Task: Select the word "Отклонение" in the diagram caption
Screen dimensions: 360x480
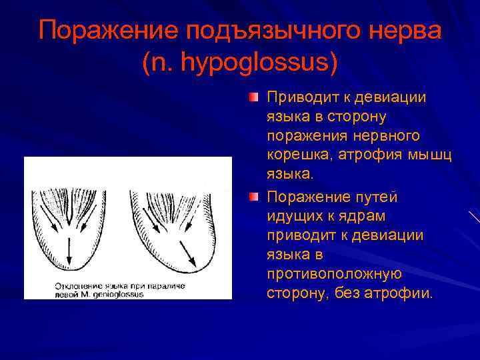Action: pyautogui.click(x=67, y=285)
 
